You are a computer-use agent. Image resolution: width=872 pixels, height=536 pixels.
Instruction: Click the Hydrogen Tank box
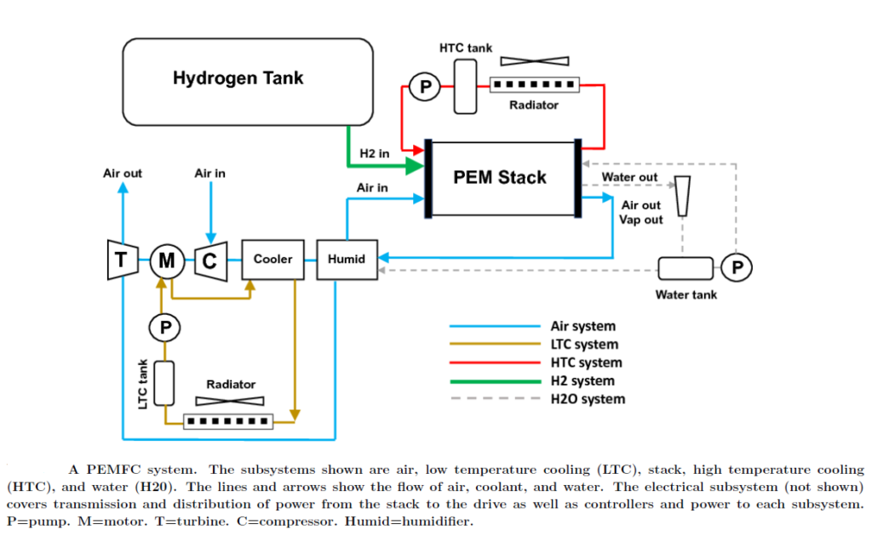(x=248, y=79)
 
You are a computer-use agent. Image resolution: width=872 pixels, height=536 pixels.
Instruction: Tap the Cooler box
(x=272, y=259)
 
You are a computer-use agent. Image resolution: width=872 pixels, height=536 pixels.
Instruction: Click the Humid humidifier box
(x=347, y=259)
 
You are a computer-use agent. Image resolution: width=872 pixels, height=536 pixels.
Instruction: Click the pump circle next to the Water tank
(x=737, y=267)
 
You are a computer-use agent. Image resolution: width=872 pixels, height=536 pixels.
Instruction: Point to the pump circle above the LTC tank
(x=166, y=326)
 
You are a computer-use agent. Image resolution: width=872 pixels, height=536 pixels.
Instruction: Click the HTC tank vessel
(x=465, y=85)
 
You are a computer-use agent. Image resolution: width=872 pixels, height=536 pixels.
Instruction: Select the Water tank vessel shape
(x=686, y=269)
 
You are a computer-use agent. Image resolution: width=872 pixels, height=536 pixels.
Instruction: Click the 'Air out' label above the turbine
(x=123, y=173)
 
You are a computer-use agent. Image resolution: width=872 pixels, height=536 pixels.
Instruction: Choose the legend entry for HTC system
(x=586, y=362)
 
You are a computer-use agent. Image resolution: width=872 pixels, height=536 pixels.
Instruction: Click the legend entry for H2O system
(x=588, y=398)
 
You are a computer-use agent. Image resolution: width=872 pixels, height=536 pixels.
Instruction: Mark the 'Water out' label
(x=629, y=177)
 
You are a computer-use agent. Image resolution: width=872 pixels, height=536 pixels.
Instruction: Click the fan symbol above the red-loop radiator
(x=534, y=61)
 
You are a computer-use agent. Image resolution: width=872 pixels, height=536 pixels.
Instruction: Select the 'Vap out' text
(x=640, y=220)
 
